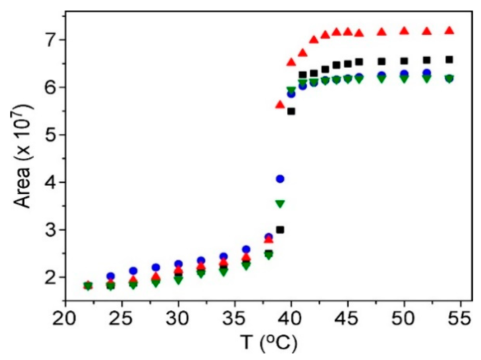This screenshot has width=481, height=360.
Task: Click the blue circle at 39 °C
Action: (x=280, y=179)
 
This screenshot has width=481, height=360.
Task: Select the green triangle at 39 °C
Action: (x=280, y=204)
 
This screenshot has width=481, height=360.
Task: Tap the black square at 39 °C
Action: (x=280, y=230)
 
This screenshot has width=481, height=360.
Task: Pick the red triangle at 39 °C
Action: (x=280, y=105)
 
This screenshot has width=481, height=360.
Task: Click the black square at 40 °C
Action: (x=291, y=111)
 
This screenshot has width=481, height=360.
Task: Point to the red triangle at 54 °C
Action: (x=449, y=31)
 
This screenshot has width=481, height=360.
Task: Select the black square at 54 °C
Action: (x=449, y=60)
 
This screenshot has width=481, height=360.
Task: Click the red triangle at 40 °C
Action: (x=291, y=62)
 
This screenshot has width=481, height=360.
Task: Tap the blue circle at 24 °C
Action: (x=111, y=276)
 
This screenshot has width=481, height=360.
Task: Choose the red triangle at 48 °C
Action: (x=381, y=32)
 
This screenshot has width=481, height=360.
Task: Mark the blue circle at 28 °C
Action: (x=156, y=267)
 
